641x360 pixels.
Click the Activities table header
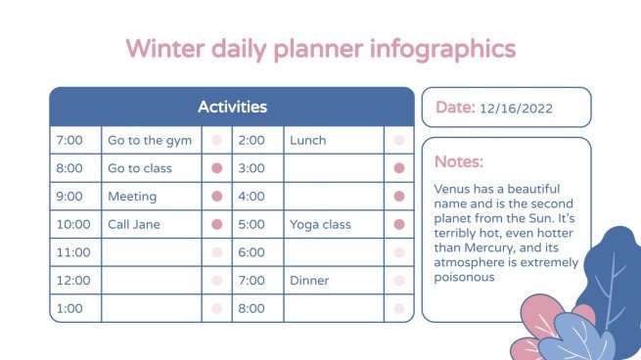(232, 107)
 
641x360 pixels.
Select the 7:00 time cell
(69, 141)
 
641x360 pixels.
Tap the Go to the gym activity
(150, 141)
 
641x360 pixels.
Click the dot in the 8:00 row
(217, 168)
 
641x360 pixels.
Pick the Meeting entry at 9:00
(132, 197)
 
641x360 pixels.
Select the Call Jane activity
(134, 224)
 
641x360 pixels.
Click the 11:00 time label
(73, 252)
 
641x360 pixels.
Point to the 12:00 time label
(73, 281)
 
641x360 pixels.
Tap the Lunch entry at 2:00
(307, 141)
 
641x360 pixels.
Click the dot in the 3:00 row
(399, 168)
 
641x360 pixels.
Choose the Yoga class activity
(320, 224)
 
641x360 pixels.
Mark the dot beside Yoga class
(399, 224)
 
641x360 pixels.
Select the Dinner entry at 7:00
(309, 281)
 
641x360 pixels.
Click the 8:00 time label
(252, 308)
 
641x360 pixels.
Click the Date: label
(455, 108)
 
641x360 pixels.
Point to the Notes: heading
(459, 161)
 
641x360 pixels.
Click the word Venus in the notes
(452, 188)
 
